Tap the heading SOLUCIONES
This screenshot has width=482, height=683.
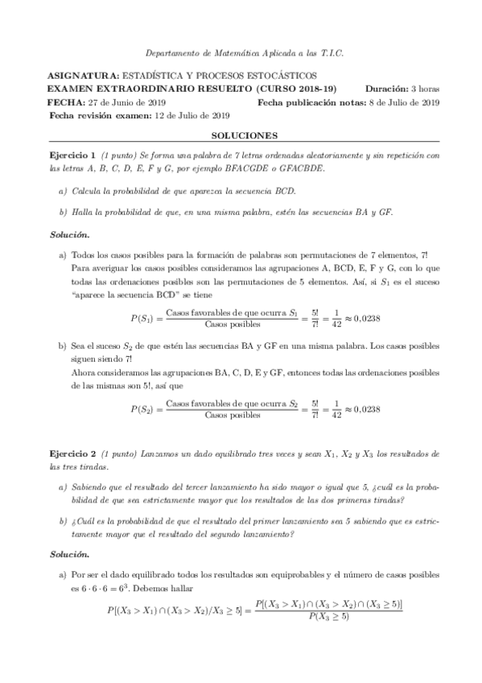click(x=241, y=136)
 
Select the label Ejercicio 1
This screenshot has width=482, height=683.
click(x=72, y=155)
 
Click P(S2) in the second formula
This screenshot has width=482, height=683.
click(x=142, y=409)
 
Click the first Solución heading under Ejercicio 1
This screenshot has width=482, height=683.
click(x=69, y=233)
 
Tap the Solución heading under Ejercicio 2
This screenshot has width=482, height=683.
click(x=69, y=555)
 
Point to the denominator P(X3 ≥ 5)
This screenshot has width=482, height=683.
click(x=328, y=616)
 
